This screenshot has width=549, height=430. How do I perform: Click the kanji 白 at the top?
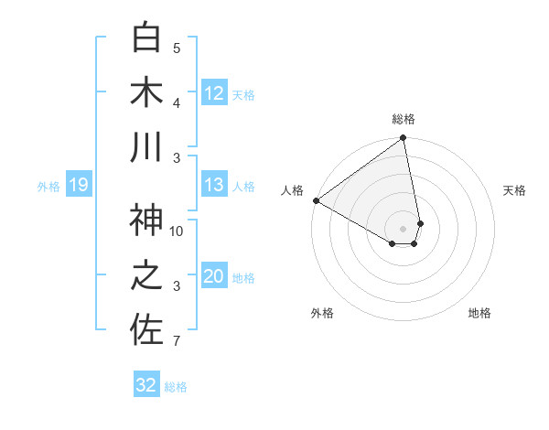tap(146, 38)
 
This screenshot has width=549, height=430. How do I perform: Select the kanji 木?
tap(146, 92)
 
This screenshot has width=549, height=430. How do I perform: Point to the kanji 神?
tap(146, 220)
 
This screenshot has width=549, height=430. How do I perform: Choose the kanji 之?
tap(146, 275)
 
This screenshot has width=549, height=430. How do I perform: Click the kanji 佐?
tap(146, 330)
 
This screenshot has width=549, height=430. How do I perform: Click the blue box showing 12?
tap(214, 93)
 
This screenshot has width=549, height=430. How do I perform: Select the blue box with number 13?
tap(214, 186)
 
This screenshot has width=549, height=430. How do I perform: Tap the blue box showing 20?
tap(214, 277)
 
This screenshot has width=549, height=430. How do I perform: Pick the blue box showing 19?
tap(78, 186)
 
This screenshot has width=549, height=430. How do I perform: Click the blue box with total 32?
tap(146, 385)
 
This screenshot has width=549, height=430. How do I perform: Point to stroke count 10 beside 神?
tap(177, 231)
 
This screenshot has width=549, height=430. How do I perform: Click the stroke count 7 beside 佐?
tap(177, 342)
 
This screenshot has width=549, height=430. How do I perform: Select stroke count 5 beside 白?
tap(177, 48)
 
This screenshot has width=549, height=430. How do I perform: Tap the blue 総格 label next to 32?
tap(176, 387)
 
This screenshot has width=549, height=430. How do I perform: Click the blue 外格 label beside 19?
tap(48, 187)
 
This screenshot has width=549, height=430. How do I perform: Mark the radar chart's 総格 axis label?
tap(404, 120)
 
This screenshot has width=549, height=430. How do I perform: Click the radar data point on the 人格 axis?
tap(316, 200)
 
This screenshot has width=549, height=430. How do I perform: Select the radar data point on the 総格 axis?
tap(403, 139)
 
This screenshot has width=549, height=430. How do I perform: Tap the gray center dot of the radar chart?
tap(404, 227)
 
